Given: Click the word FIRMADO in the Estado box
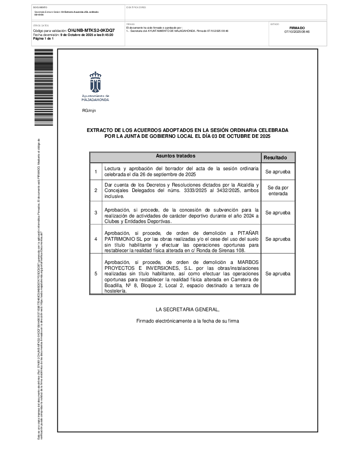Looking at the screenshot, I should [297, 28].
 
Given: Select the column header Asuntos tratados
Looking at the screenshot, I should [175, 156].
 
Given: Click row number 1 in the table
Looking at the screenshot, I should [95, 172].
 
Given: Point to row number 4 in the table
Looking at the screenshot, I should [95, 239].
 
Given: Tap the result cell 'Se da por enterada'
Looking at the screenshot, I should [278, 190].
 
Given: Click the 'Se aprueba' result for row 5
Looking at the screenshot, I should [278, 274].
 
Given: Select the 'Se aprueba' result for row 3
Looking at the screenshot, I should [278, 212].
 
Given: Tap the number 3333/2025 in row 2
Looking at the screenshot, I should [196, 191].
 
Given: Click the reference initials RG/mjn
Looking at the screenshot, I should [89, 111].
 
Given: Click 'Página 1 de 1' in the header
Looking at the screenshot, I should [43, 39].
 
